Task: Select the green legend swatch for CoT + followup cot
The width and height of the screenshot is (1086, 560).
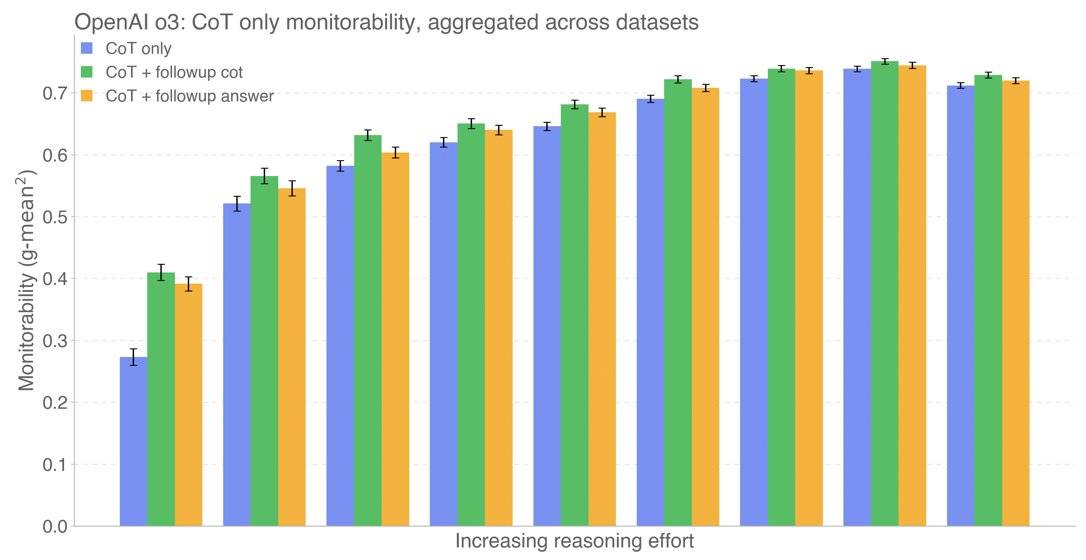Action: coord(86,72)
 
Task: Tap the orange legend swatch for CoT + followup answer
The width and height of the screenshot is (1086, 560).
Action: coord(86,96)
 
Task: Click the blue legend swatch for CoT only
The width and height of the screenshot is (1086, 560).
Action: coord(86,48)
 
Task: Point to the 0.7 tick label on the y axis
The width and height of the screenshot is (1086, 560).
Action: coord(55,93)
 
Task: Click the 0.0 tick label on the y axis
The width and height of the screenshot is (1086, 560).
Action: coord(55,526)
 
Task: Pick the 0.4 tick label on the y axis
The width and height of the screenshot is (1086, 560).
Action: coord(55,279)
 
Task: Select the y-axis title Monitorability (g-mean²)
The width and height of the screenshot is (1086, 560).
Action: coord(26,280)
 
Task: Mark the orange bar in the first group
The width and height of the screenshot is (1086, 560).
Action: coord(188,405)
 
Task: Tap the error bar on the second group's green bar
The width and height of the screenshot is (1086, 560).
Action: coord(264,176)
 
